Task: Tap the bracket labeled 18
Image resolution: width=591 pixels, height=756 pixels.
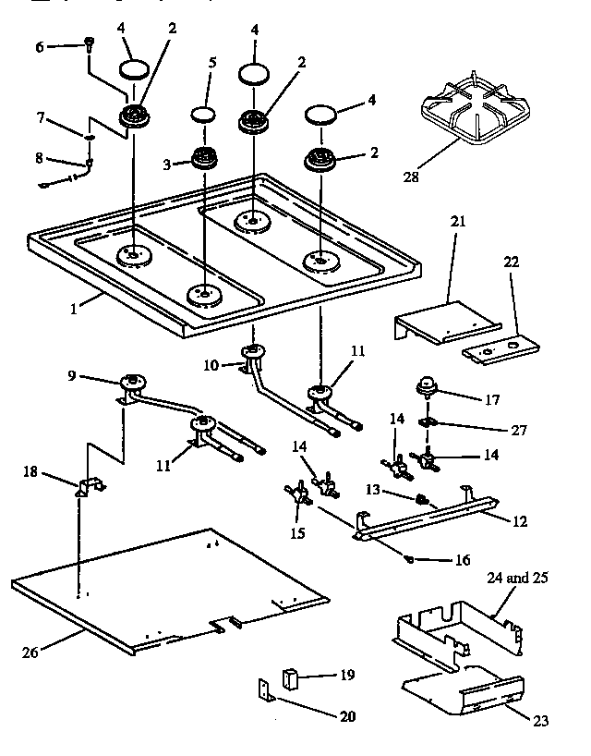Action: click(90, 489)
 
